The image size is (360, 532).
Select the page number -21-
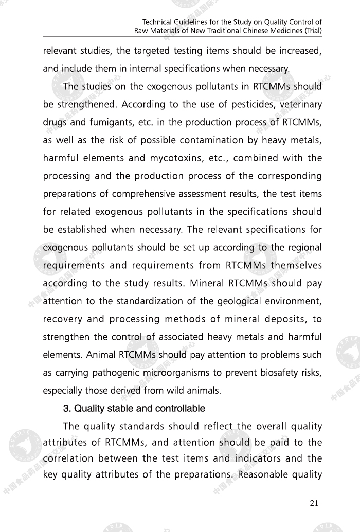[314, 503]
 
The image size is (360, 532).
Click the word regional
[303, 247]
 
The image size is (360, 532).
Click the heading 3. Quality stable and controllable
[134, 409]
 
